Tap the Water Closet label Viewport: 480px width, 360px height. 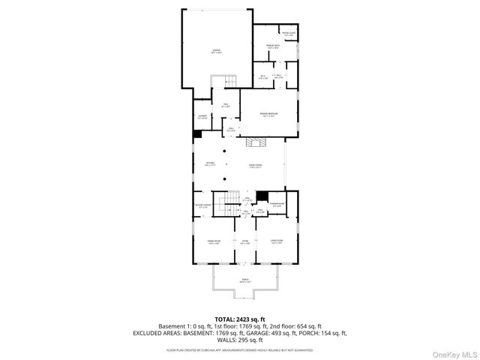click(288, 33)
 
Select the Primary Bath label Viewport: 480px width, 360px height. click(272, 46)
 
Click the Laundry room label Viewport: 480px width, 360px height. click(202, 116)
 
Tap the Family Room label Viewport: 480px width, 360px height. click(256, 166)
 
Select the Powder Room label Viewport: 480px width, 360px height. click(277, 205)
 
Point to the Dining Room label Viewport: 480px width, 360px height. click(214, 241)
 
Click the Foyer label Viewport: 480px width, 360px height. click(244, 241)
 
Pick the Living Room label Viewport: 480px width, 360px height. click(276, 241)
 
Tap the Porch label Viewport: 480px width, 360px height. click(245, 281)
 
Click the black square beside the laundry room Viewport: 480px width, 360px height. click(197, 134)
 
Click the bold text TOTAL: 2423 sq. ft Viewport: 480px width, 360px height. click(240, 319)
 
